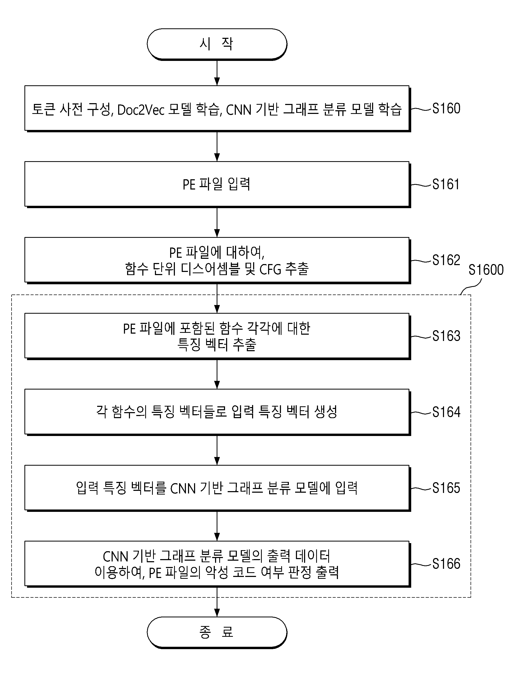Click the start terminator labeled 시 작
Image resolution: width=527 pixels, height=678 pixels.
tap(217, 44)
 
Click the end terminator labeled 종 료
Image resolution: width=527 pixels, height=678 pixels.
tap(217, 632)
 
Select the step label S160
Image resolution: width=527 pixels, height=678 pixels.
tap(446, 109)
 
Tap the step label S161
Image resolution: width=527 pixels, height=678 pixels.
tap(446, 185)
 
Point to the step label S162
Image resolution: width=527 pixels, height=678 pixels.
tap(446, 260)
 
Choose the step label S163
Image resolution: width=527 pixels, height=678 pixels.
tap(446, 336)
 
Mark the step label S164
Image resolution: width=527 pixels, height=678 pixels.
tap(446, 412)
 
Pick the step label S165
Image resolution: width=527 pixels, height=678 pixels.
tap(446, 488)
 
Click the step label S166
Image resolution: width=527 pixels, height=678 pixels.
tap(446, 564)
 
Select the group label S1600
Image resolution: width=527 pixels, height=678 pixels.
tap(486, 270)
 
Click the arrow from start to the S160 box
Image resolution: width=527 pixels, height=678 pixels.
tap(217, 73)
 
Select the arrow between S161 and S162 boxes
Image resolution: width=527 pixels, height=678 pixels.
tap(217, 223)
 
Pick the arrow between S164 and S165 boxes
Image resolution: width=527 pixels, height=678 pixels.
tap(217, 450)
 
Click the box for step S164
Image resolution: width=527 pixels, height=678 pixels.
tap(217, 412)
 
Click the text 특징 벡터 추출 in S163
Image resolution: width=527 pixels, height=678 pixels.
tap(217, 345)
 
